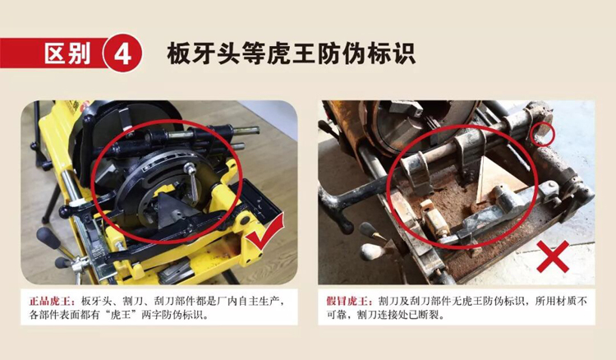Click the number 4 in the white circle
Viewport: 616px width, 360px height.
[x=122, y=53]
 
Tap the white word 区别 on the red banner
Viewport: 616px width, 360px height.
[x=67, y=53]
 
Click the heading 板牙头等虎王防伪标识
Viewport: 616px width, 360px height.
[x=291, y=53]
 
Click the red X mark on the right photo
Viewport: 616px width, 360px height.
[x=553, y=256]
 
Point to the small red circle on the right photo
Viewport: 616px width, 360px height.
[x=542, y=134]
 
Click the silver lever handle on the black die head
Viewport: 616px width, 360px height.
[x=191, y=182]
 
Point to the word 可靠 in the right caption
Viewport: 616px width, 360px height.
[x=336, y=315]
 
